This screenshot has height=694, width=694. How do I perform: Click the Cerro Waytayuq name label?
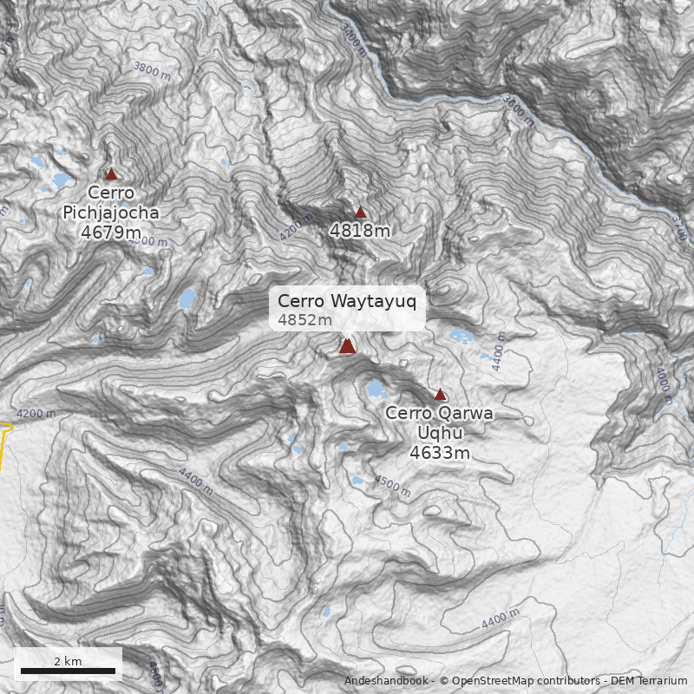[x=347, y=302]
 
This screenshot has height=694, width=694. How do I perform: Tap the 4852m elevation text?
[x=304, y=320]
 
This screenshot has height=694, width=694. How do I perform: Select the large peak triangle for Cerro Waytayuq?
[x=347, y=346]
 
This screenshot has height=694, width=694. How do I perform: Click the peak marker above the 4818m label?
[x=361, y=213]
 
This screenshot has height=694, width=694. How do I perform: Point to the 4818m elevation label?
[x=360, y=231]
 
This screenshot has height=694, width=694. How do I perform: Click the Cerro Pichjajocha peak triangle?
[x=111, y=174]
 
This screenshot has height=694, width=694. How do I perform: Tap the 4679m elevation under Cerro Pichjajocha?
[x=111, y=232]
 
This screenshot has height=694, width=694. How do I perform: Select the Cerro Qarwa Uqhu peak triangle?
[x=440, y=395]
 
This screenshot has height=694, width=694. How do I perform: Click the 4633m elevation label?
[x=440, y=453]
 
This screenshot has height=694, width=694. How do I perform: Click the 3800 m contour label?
[x=152, y=70]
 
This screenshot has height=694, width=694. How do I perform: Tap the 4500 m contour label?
[x=392, y=485]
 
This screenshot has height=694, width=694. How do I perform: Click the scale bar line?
[x=68, y=671]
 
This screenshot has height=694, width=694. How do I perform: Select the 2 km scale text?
[x=68, y=661]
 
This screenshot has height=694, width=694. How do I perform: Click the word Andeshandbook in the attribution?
[x=386, y=681]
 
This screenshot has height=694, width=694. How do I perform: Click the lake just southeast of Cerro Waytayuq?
[x=376, y=389]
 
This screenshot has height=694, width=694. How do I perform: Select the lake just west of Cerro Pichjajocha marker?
[x=62, y=180]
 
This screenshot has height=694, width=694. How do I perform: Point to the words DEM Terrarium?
[x=649, y=681]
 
